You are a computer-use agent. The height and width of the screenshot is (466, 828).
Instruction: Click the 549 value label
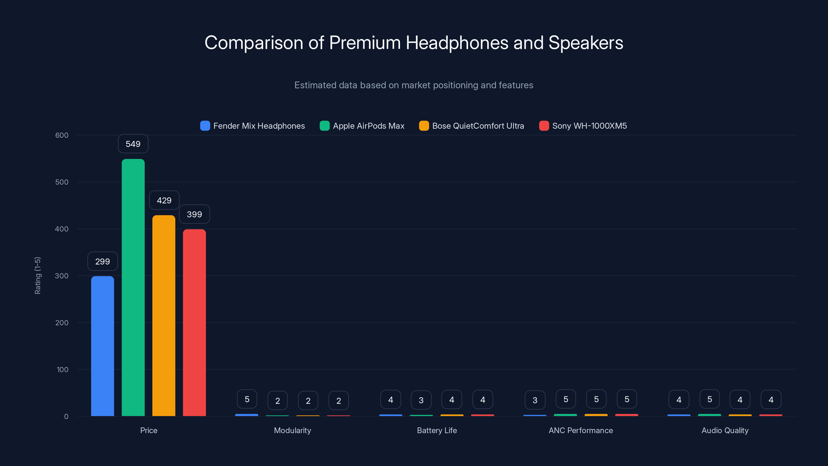click(x=133, y=144)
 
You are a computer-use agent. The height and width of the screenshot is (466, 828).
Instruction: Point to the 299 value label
click(x=102, y=261)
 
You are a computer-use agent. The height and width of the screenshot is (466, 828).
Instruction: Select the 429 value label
click(x=164, y=200)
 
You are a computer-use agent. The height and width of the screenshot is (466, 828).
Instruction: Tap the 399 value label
click(x=194, y=214)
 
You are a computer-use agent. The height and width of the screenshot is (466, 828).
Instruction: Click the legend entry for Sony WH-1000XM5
click(x=583, y=126)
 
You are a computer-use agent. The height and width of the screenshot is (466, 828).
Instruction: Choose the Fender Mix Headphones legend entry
click(x=252, y=126)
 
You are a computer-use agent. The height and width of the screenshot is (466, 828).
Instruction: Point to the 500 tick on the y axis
click(x=62, y=182)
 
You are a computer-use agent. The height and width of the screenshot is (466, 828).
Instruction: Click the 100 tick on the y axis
click(x=62, y=369)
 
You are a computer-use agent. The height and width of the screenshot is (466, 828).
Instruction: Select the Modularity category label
click(x=292, y=430)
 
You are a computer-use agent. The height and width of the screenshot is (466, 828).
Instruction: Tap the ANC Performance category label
click(x=580, y=430)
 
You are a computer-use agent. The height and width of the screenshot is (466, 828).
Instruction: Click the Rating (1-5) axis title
click(x=38, y=275)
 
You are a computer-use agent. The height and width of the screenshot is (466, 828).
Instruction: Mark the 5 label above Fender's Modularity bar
click(x=247, y=399)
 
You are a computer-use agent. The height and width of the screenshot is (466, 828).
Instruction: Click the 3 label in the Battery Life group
click(x=421, y=400)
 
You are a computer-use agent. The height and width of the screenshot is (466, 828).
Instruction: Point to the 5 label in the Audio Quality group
click(x=709, y=399)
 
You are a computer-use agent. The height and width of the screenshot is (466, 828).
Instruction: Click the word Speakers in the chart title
click(x=586, y=43)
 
